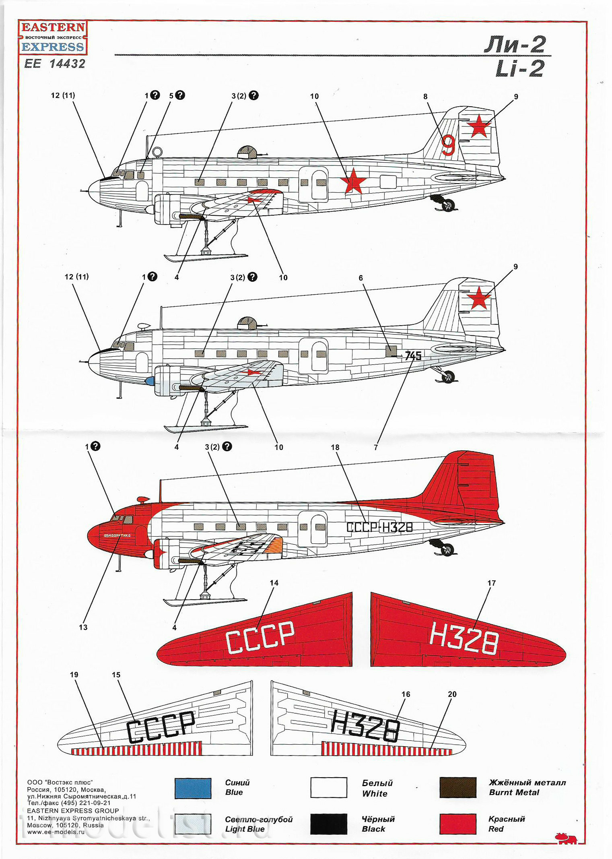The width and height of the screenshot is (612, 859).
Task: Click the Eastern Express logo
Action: [x=53, y=37]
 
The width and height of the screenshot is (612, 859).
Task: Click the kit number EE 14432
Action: [x=55, y=64]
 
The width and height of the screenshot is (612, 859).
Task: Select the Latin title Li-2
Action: [x=519, y=69]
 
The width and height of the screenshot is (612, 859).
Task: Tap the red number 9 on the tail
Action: [x=448, y=145]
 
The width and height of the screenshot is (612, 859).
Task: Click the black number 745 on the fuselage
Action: [x=413, y=356]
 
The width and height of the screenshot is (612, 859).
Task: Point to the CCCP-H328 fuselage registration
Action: [x=379, y=527]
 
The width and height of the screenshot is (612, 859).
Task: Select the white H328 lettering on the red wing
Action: [x=464, y=638]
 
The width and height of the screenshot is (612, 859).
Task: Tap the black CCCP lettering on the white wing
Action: [x=161, y=726]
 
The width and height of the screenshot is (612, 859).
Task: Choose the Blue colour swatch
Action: [x=193, y=788]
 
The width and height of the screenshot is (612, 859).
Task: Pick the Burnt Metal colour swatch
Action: [x=458, y=787]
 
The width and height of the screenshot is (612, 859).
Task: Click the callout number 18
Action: [x=335, y=447]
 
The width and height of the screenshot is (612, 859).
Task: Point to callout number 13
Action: [x=83, y=627]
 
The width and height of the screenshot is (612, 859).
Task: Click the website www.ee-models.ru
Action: [x=56, y=832]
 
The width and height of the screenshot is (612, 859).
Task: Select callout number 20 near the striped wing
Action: [x=452, y=694]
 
